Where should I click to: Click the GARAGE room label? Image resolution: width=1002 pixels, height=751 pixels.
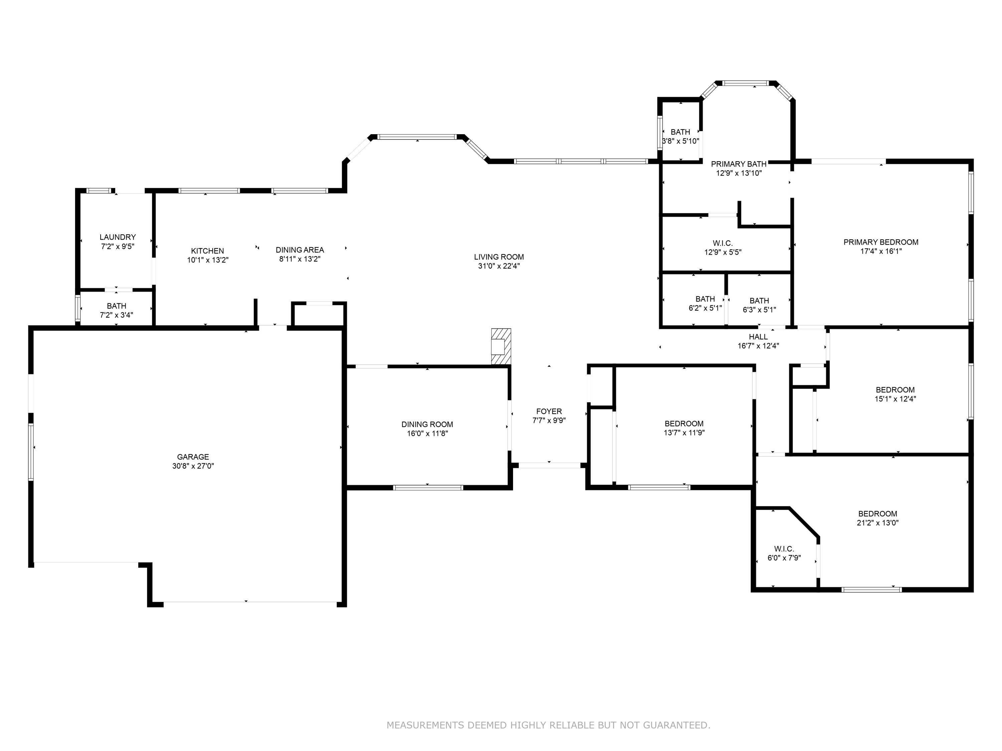tap(193, 457)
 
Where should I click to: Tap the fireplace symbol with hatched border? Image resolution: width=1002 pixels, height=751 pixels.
tap(501, 347)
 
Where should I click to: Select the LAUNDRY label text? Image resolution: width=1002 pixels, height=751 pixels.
tap(118, 237)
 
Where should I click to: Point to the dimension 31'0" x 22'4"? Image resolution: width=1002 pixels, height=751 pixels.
tap(499, 266)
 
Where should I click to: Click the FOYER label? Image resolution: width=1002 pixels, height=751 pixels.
tap(549, 411)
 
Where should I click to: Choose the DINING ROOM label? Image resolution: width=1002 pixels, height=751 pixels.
tap(427, 424)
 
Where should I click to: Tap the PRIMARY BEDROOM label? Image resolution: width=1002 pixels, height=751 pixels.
tap(881, 242)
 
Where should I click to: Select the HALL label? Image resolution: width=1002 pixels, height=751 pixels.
tap(758, 337)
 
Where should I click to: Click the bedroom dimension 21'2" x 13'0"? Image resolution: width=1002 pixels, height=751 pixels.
tap(877, 523)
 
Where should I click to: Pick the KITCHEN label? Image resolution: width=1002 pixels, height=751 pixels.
tap(207, 251)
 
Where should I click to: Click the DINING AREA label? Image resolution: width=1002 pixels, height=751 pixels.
tap(300, 250)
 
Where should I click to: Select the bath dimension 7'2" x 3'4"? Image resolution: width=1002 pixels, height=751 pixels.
tap(117, 315)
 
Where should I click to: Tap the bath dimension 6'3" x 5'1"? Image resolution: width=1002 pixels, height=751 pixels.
tap(759, 310)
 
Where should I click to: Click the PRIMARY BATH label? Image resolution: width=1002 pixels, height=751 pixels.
tap(739, 164)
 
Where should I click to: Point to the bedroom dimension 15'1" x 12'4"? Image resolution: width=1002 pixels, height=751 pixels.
tap(895, 399)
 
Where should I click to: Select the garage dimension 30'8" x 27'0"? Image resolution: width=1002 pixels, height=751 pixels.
tap(193, 466)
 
